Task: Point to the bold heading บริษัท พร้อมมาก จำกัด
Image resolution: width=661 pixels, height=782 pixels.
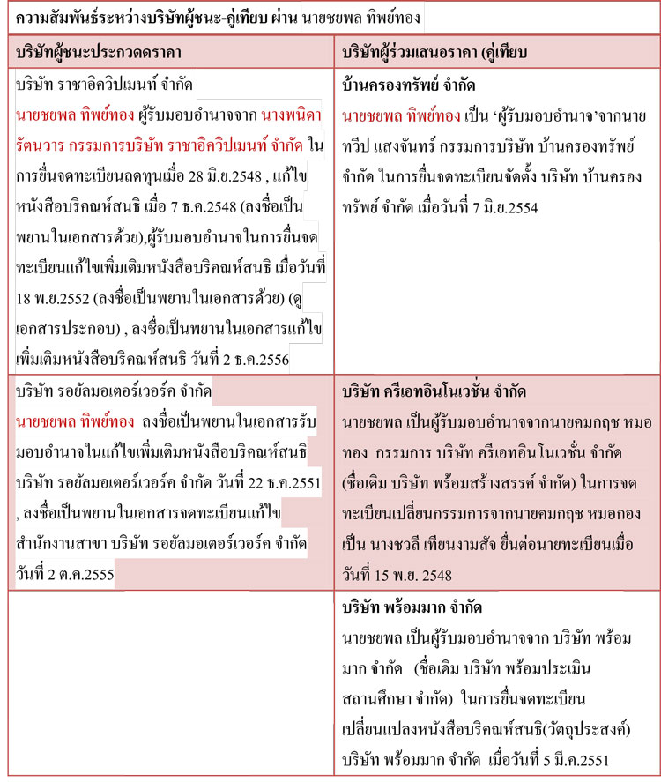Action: click(x=412, y=609)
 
